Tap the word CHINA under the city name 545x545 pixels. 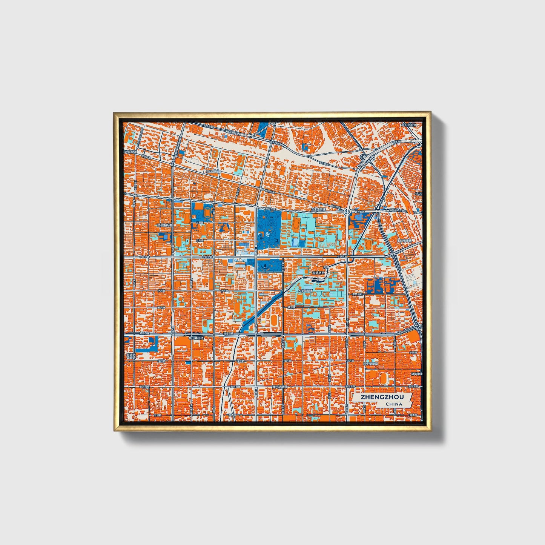pos(393,404)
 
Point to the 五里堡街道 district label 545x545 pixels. pos(318,209)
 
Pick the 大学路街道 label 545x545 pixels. pos(306,291)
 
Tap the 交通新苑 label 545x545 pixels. pos(318,272)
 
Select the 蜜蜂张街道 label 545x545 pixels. pos(404,240)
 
